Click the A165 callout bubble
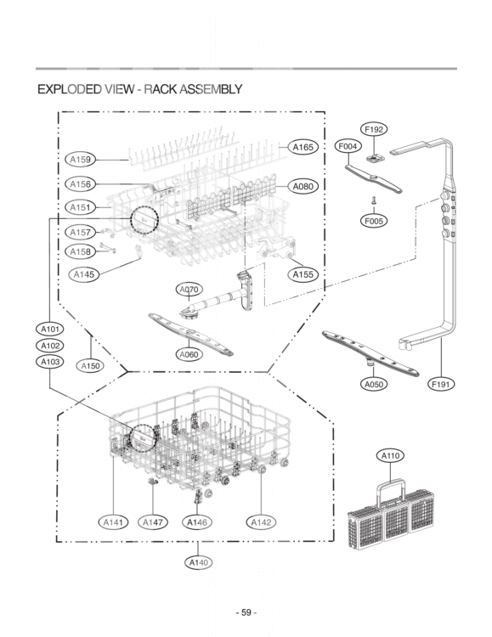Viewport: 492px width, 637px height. [303, 147]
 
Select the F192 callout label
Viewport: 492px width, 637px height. [374, 130]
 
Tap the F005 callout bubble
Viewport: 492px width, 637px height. [374, 221]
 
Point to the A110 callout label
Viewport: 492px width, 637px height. [390, 456]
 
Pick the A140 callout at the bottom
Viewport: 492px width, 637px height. [199, 562]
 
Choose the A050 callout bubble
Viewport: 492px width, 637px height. [374, 384]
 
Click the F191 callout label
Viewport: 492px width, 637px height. [441, 384]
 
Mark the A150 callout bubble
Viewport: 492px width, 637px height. [90, 365]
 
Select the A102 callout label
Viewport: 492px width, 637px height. [50, 346]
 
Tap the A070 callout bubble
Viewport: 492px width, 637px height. [189, 290]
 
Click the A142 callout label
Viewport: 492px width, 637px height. [261, 522]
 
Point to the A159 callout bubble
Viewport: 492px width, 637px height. [80, 160]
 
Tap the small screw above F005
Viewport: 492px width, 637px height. [373, 200]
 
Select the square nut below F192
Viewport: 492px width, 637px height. [373, 158]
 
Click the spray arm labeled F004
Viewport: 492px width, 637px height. [373, 178]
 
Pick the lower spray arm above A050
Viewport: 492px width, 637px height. [370, 353]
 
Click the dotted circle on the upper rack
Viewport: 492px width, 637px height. [144, 206]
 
